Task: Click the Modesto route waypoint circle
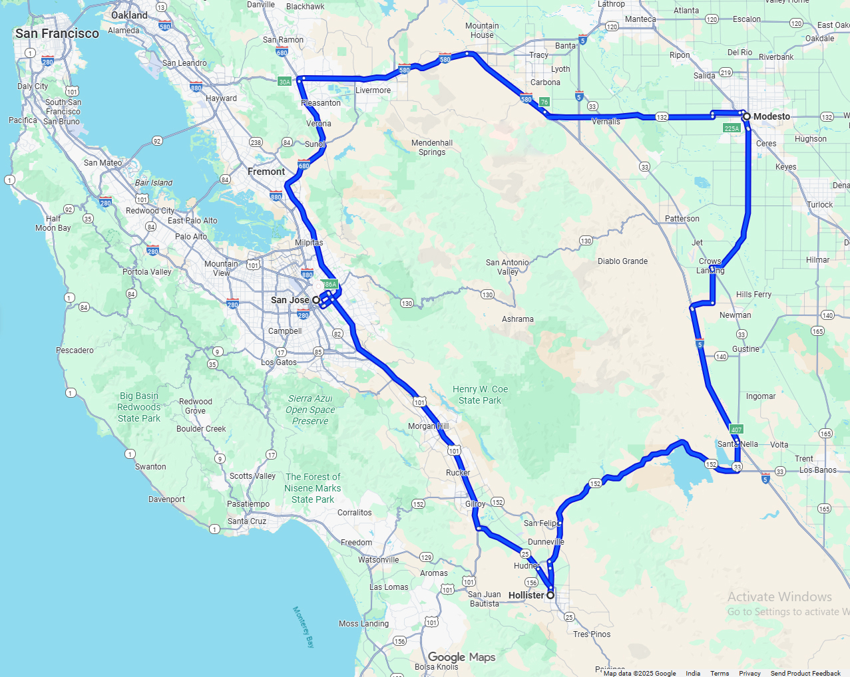point(747,116)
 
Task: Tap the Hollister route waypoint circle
point(550,595)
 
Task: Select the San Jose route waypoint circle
point(316,300)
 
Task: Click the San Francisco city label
point(57,33)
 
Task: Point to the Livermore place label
point(373,90)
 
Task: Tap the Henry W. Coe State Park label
point(480,394)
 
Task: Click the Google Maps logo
point(461,657)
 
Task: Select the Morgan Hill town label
point(428,426)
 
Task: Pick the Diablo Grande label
point(622,261)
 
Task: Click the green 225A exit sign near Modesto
point(732,128)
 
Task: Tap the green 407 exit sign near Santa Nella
point(736,430)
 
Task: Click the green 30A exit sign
point(285,82)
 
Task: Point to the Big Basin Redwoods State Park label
point(139,407)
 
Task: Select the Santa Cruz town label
point(247,521)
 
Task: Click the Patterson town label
point(682,219)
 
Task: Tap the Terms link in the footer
point(720,673)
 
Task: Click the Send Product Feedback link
point(805,673)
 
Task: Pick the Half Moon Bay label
point(53,223)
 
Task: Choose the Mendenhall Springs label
point(432,148)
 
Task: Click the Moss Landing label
point(363,624)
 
